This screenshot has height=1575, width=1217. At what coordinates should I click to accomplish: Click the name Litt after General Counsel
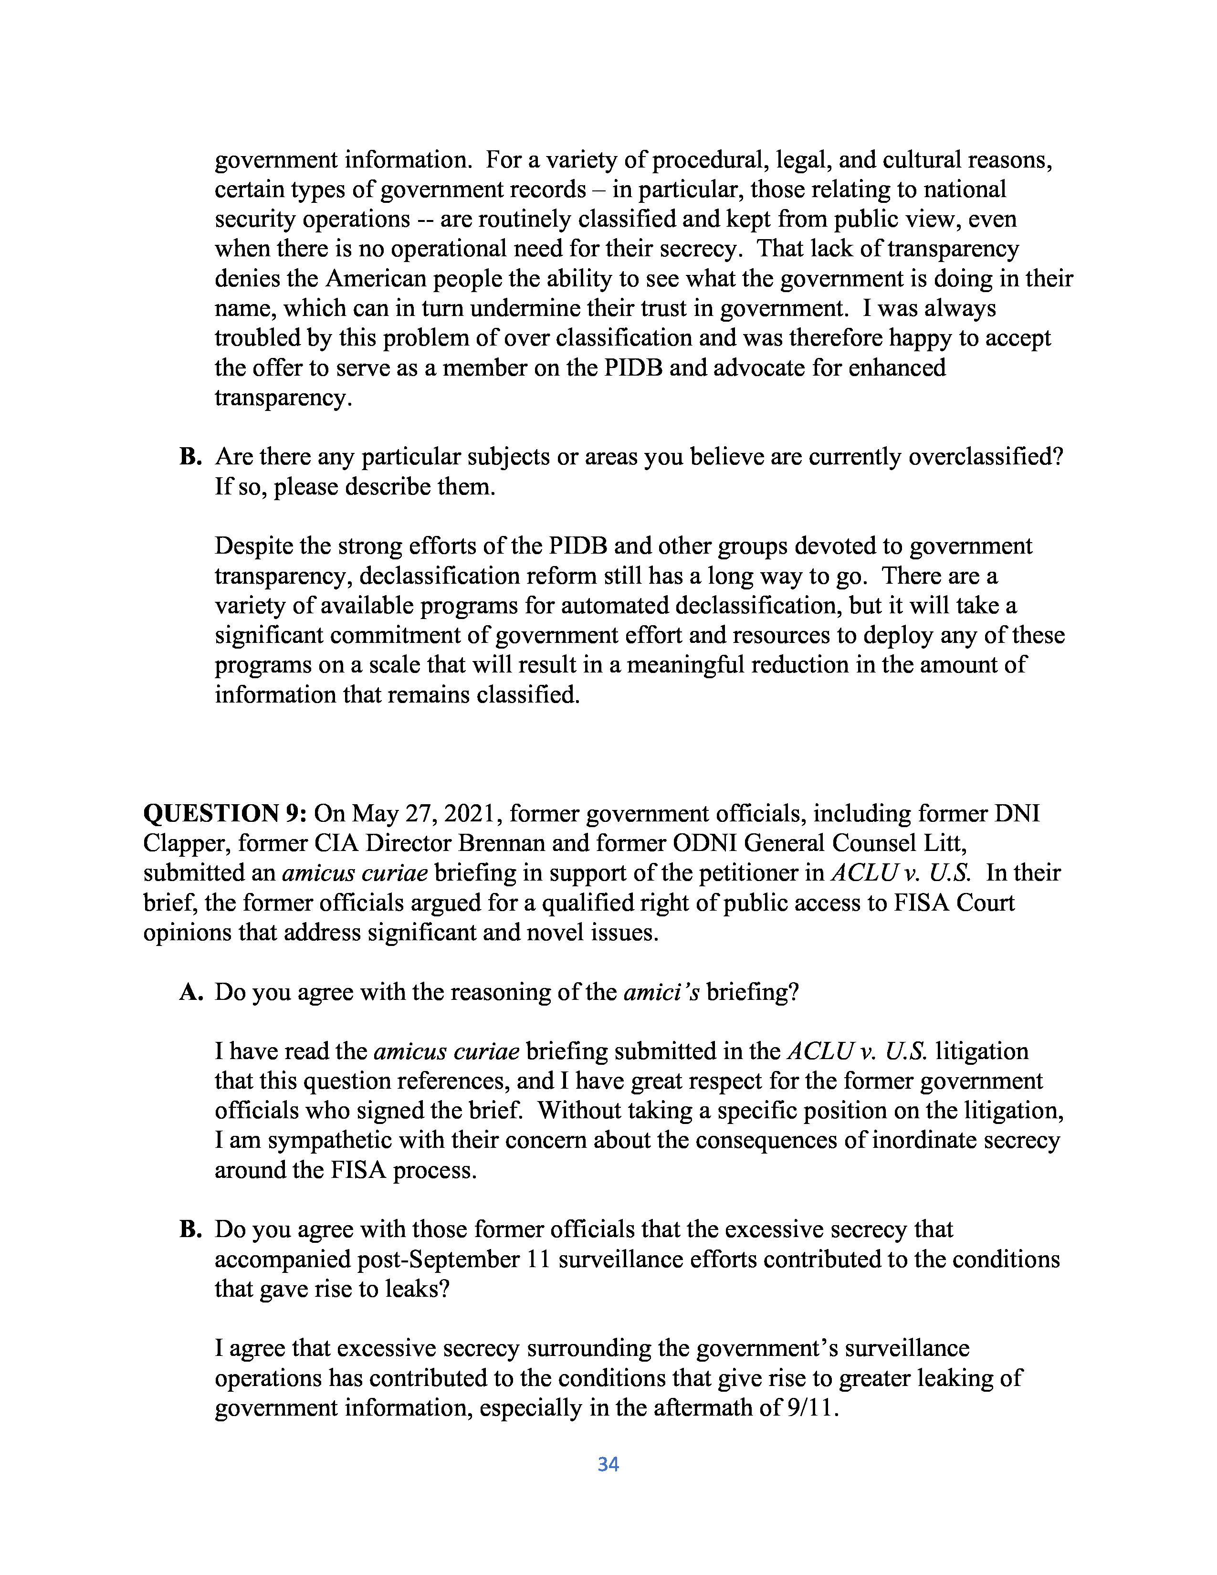click(x=947, y=843)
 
